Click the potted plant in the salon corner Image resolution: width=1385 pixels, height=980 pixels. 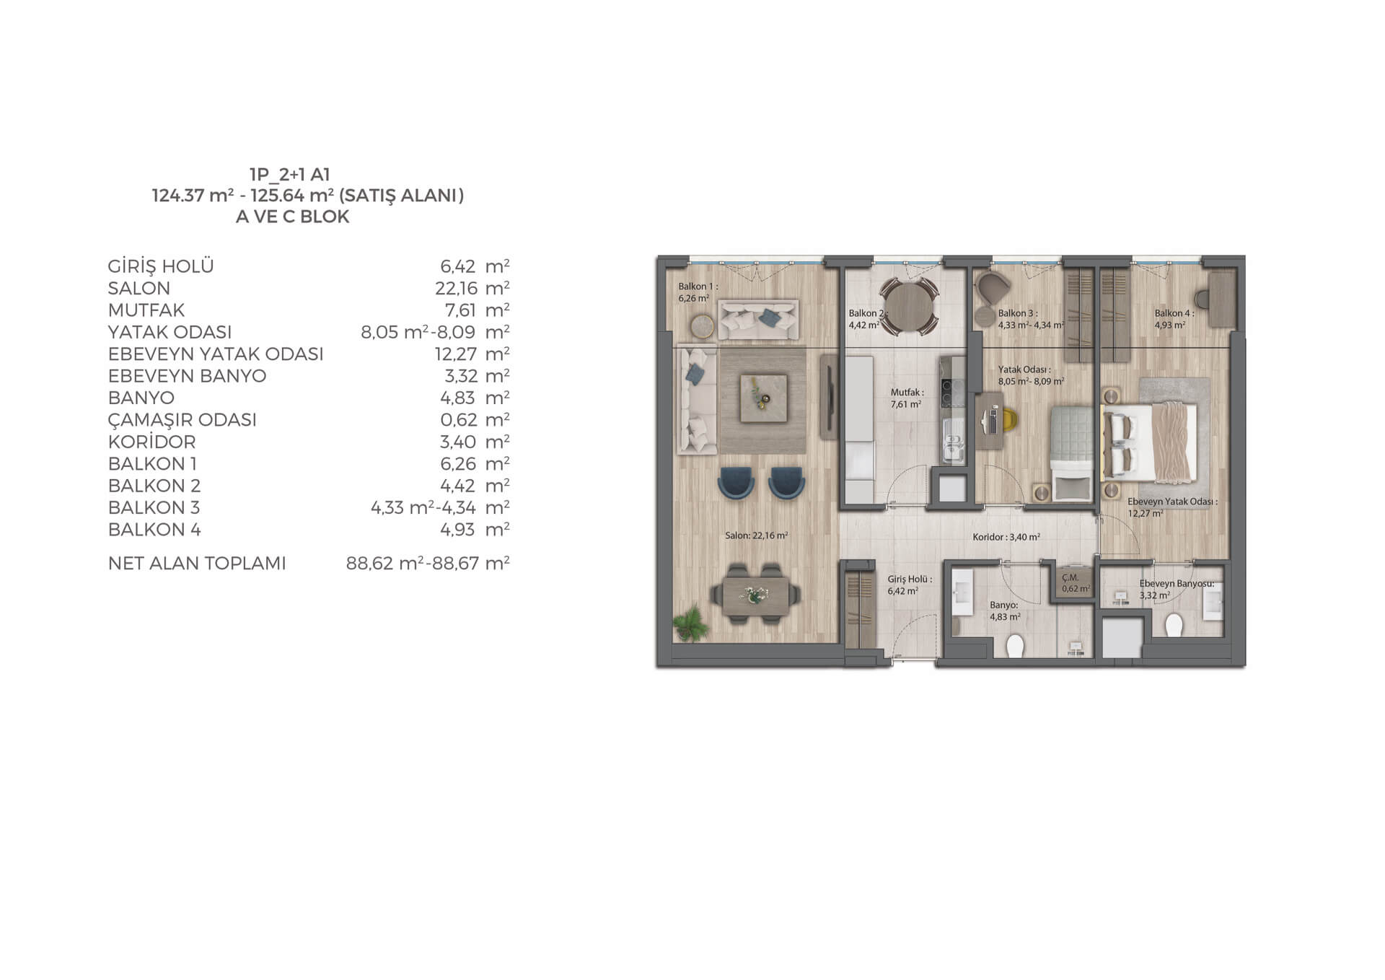690,623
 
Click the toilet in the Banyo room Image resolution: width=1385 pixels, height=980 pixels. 1016,645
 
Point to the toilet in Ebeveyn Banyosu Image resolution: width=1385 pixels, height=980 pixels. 1174,625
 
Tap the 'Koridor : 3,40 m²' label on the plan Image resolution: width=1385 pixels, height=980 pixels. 1006,537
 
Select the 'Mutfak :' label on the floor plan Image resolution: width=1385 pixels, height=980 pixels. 907,393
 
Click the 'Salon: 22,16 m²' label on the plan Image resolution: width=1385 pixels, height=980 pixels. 756,535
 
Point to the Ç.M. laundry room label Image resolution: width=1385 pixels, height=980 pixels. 1070,578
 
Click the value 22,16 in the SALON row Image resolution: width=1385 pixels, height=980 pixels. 456,288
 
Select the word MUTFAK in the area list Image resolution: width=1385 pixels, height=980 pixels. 146,310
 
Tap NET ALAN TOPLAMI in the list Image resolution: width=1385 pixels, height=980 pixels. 197,563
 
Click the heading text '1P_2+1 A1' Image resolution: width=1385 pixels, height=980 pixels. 289,174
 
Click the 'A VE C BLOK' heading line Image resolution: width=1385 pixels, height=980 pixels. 292,216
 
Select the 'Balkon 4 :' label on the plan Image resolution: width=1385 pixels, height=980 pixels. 1174,313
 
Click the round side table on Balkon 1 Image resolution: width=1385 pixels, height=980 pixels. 702,326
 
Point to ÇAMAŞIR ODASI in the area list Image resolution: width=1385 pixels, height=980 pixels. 183,420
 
